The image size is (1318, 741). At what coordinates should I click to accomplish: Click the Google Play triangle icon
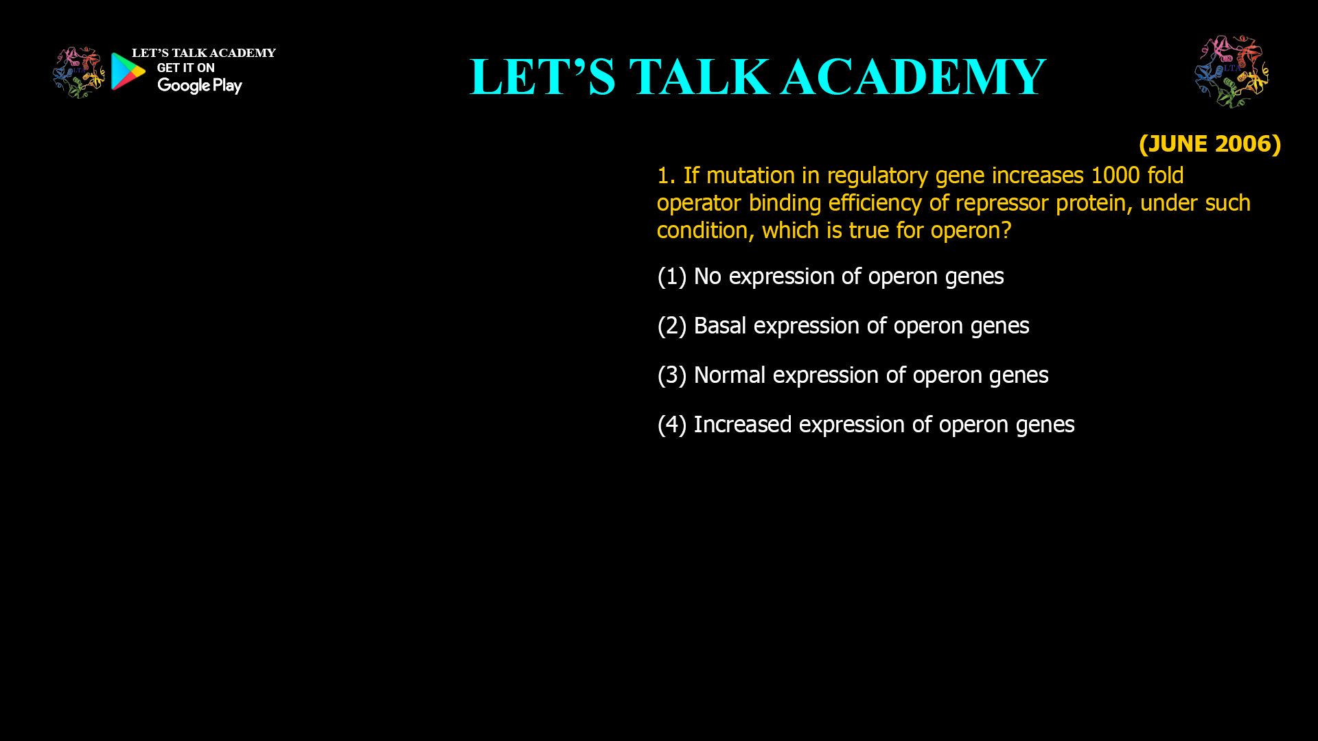point(128,71)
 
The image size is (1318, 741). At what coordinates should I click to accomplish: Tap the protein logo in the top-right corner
point(1232,72)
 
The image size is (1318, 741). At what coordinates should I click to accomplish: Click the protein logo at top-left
point(78,72)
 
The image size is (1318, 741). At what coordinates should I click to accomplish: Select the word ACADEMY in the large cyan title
point(914,77)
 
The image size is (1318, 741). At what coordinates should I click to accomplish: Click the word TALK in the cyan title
point(700,77)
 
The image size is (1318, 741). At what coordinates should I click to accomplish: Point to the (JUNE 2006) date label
point(1210,144)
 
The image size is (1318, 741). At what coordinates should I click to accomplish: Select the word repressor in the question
point(1002,203)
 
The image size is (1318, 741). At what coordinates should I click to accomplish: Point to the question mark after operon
point(1006,231)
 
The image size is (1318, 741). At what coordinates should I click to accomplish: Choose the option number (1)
point(671,277)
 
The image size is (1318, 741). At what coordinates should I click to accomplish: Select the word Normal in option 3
point(729,375)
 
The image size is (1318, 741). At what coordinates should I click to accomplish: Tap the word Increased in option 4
point(742,425)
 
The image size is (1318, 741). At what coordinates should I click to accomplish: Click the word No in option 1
point(707,277)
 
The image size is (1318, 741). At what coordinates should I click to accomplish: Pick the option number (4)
point(671,425)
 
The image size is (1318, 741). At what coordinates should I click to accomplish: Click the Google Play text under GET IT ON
point(199,86)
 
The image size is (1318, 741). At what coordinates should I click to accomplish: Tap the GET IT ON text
point(185,68)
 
